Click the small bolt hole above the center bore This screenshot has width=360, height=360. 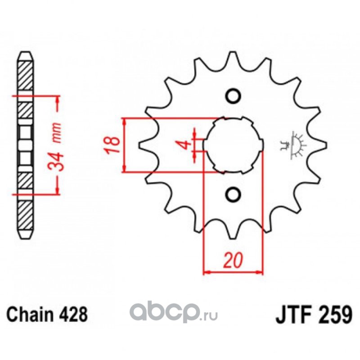pyautogui.click(x=233, y=96)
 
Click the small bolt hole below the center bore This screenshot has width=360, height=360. pyautogui.click(x=233, y=194)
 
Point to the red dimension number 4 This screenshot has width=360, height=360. pyautogui.click(x=183, y=145)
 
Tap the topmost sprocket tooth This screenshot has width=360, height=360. pyautogui.click(x=233, y=56)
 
